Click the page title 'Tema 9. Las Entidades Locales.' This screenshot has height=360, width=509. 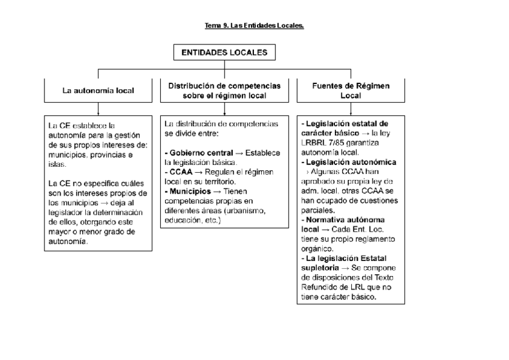pos(254,26)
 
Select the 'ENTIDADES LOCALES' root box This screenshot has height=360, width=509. pos(224,53)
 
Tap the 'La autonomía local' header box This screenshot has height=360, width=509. pos(98,91)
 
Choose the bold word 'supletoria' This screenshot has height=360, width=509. pos(320,268)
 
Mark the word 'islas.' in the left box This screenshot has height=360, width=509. pos(58,164)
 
